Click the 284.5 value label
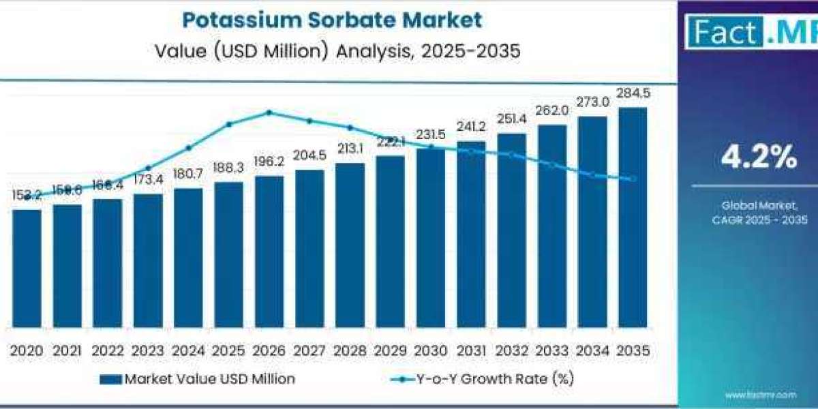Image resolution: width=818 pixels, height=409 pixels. tap(633, 93)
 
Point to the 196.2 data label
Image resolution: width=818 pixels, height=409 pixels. tap(269, 164)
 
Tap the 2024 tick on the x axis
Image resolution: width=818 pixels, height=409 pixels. tap(188, 350)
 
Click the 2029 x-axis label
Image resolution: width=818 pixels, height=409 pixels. tap(390, 350)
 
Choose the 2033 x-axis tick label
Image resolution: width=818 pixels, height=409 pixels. tap(552, 350)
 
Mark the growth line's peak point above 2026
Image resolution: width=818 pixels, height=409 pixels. tap(269, 112)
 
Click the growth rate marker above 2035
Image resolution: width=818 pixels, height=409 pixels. tap(633, 179)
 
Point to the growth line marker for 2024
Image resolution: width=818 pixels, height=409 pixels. tap(189, 147)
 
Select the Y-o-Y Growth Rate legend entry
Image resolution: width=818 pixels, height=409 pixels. tap(476, 379)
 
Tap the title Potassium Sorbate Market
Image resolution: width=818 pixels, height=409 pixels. tap(332, 19)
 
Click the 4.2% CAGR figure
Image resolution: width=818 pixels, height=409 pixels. tap(759, 158)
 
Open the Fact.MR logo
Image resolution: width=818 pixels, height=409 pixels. tap(748, 32)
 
